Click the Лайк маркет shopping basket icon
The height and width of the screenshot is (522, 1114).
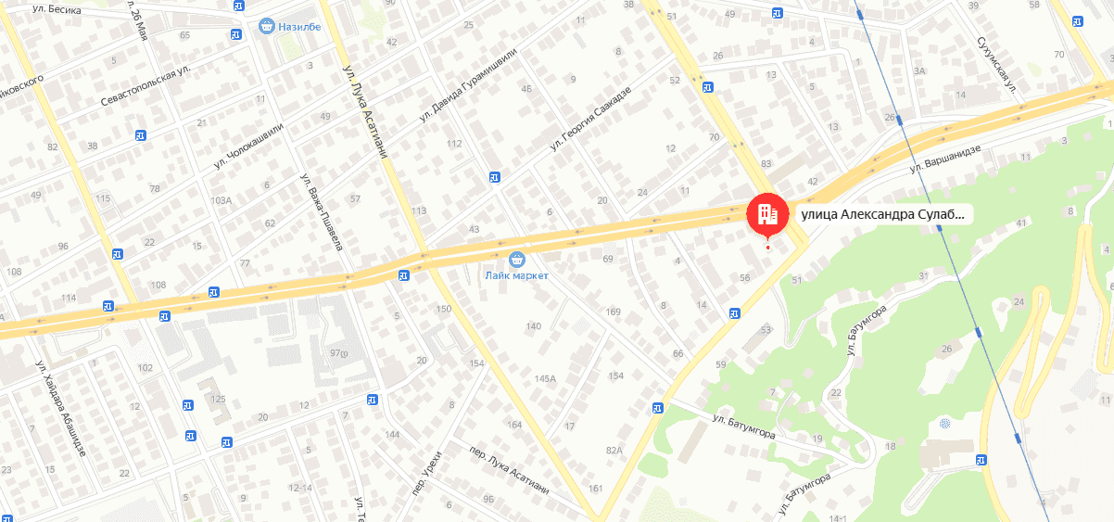517,258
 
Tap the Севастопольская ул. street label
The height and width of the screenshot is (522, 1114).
146,84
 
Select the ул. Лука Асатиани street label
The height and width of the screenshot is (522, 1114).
362,110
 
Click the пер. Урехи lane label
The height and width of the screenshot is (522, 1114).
423,470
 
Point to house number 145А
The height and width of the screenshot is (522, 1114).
545,378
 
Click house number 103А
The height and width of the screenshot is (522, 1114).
221,200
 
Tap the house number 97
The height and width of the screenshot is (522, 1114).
336,352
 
